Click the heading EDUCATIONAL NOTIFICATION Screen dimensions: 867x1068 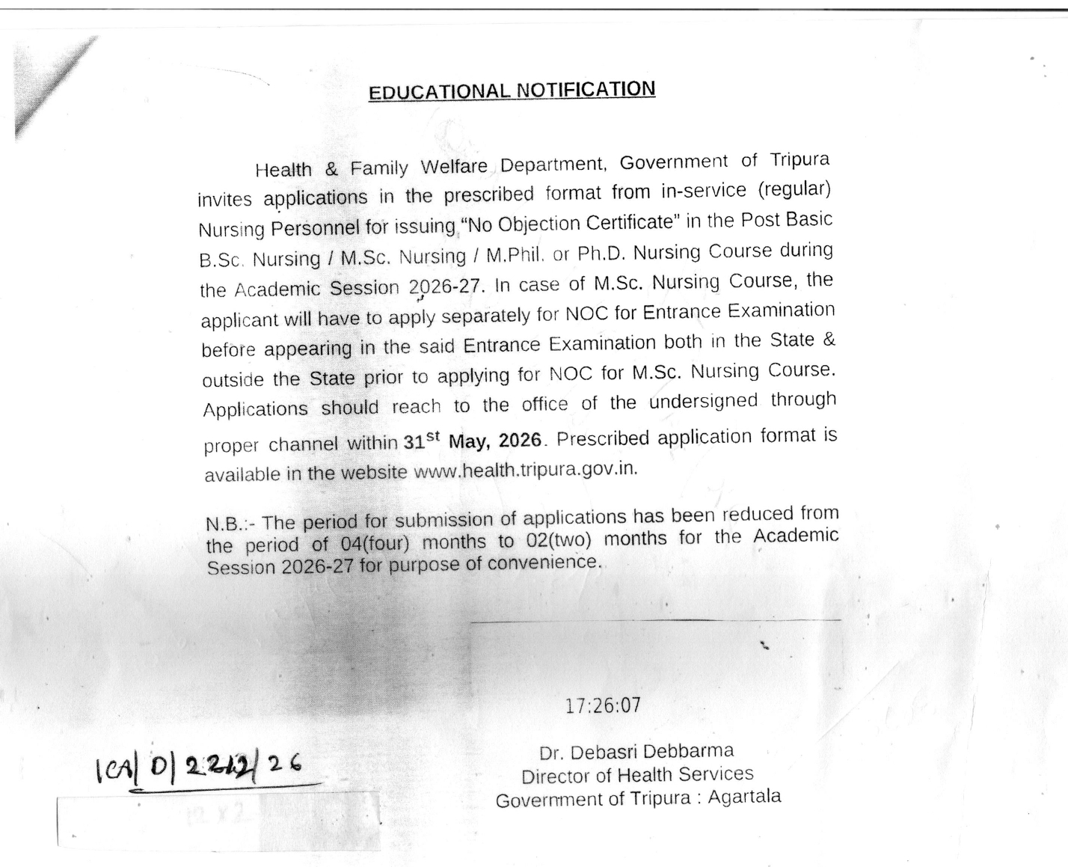(x=512, y=91)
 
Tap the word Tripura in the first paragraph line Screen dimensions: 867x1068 (x=800, y=160)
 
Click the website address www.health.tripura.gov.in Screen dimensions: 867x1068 (x=525, y=470)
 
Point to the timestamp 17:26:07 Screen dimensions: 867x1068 (x=603, y=705)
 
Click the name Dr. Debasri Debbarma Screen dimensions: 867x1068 (x=636, y=751)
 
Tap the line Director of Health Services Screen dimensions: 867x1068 (x=637, y=775)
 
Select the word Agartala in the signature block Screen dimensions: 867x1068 (x=744, y=797)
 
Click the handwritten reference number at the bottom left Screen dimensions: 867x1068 (x=199, y=765)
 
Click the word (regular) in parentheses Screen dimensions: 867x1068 (x=794, y=189)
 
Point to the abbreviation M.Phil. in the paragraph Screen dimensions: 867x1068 (x=515, y=255)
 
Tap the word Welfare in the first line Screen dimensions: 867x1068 (x=453, y=166)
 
